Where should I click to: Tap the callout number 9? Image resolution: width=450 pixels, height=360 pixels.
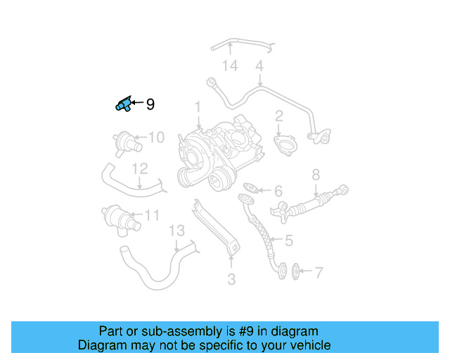(x=150, y=105)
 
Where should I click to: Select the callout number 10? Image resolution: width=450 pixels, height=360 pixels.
(x=156, y=137)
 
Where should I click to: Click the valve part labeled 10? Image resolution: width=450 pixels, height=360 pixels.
(x=126, y=141)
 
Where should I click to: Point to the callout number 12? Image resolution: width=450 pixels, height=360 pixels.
(x=140, y=169)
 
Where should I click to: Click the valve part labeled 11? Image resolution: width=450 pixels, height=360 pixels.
(x=120, y=217)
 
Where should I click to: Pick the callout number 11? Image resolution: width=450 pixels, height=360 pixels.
(x=152, y=215)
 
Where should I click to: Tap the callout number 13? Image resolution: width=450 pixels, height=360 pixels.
(x=176, y=231)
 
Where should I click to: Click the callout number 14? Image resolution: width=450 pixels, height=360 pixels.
(x=230, y=66)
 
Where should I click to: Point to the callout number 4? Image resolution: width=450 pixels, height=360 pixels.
(x=259, y=66)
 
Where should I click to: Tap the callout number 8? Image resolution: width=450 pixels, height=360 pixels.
(x=316, y=174)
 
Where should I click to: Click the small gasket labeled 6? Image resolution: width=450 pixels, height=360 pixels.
(x=251, y=188)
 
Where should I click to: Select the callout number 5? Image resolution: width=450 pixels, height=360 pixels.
(x=288, y=240)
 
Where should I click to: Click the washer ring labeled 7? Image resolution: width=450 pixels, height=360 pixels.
(x=295, y=270)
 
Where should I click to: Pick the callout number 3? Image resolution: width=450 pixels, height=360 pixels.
(x=231, y=280)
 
